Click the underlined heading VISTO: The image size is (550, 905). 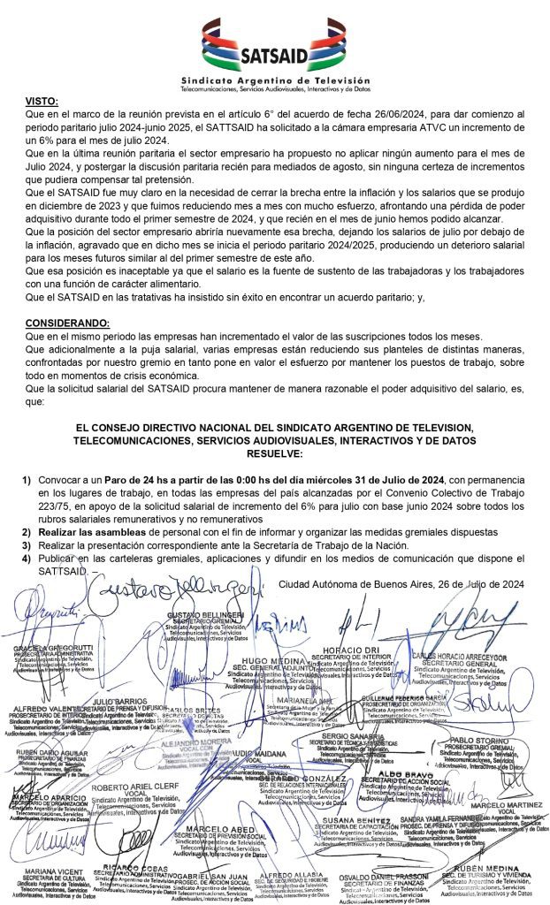[45, 103]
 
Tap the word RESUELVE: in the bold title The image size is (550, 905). [273, 453]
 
